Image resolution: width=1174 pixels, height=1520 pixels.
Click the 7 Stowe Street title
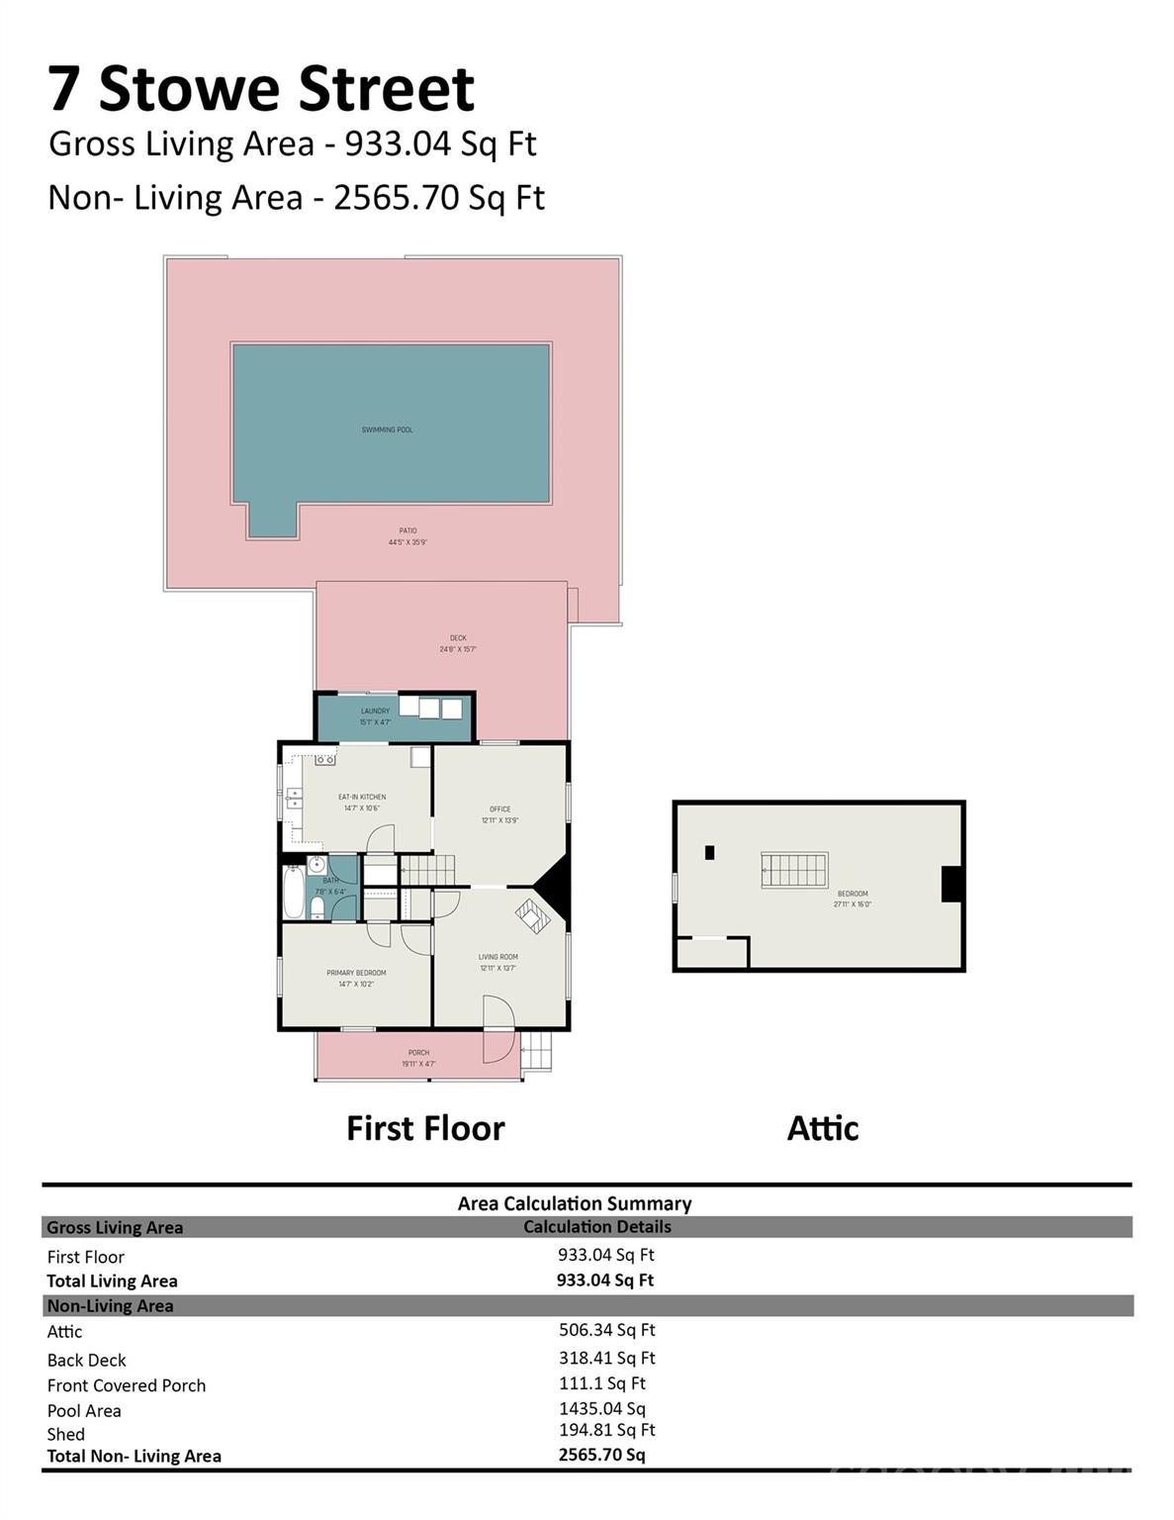[x=261, y=88]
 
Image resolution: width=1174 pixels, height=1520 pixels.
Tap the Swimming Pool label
[x=387, y=429]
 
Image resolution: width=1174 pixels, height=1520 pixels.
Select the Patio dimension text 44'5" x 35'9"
[x=407, y=542]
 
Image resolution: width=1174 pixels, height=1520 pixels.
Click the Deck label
[x=458, y=638]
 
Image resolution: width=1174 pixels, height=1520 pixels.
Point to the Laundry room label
[x=375, y=711]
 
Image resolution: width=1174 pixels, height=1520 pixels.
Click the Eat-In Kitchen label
[x=362, y=797]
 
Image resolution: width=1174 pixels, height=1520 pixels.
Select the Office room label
[x=499, y=808]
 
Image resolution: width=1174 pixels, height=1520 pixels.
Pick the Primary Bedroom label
[x=356, y=973]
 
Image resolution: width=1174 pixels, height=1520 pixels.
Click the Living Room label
[x=497, y=957]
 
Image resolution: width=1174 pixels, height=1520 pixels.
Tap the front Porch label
[x=418, y=1053]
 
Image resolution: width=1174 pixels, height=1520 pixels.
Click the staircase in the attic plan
[x=793, y=870]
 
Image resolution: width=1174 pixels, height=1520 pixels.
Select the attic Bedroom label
[x=852, y=894]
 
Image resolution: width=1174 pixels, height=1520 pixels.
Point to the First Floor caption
[x=425, y=1128]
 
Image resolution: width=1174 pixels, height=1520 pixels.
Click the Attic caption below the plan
[x=822, y=1128]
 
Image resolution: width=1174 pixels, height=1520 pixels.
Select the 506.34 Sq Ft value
[x=606, y=1330]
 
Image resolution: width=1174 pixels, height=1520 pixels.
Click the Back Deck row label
[x=87, y=1360]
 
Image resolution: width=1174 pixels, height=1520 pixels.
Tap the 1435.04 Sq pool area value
[x=601, y=1408]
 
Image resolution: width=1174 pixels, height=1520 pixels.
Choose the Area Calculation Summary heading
[x=574, y=1203]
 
